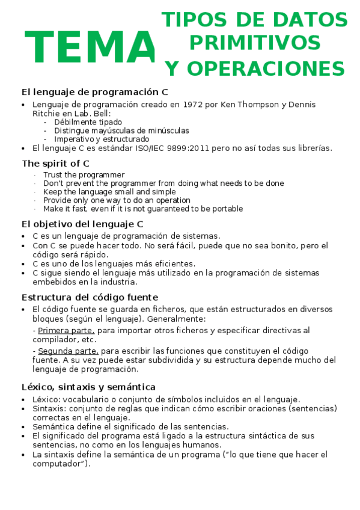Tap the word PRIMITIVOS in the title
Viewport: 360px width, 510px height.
[254, 43]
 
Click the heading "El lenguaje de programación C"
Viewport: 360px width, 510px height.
[94, 92]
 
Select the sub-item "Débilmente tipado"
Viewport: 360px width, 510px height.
[88, 122]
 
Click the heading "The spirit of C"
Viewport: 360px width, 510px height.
[56, 163]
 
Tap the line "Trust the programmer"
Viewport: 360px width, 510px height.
[84, 175]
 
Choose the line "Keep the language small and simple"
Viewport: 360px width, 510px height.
[109, 192]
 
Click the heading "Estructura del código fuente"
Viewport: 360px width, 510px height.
[90, 297]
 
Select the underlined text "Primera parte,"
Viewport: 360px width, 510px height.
[66, 331]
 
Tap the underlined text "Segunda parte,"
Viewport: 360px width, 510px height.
[68, 351]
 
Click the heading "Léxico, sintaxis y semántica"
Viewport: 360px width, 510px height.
[88, 387]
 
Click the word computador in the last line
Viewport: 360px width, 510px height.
[57, 464]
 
